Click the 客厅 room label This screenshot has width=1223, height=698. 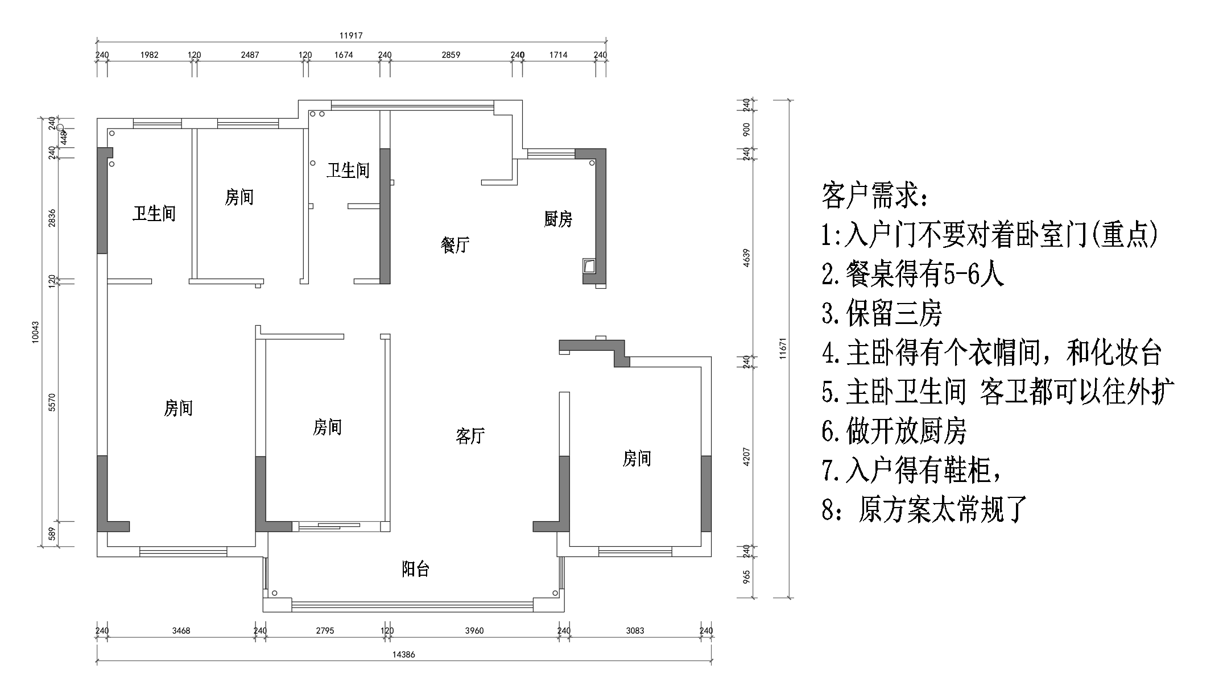(x=470, y=436)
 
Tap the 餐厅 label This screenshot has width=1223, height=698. (x=455, y=245)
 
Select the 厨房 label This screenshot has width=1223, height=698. (x=557, y=219)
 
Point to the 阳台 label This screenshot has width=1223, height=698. (x=415, y=569)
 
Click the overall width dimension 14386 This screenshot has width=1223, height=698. (x=403, y=654)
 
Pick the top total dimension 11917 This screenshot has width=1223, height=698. (x=351, y=35)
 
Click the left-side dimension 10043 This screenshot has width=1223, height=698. (x=36, y=332)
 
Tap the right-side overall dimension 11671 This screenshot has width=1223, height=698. (x=783, y=348)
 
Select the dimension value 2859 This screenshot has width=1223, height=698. (x=451, y=55)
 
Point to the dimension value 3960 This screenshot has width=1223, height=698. (x=474, y=630)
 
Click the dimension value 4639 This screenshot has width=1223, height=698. (x=747, y=257)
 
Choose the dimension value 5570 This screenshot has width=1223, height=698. (x=52, y=402)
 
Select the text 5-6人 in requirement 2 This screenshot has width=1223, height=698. (x=973, y=275)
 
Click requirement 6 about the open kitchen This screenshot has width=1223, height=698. (x=894, y=431)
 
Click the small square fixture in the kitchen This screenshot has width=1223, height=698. (x=589, y=265)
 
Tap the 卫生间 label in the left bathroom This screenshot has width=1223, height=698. (x=154, y=214)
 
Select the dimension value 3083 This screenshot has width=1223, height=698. (x=635, y=630)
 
